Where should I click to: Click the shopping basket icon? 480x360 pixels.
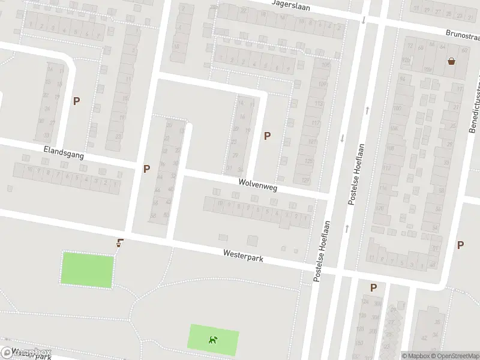click(x=451, y=61)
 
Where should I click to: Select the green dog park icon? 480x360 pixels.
click(x=213, y=340)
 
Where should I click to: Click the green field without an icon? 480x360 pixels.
click(x=87, y=269)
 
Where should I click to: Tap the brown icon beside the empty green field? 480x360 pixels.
click(x=120, y=243)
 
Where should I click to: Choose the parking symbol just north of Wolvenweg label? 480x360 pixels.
click(x=267, y=136)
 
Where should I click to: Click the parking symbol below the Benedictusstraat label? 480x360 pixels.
click(x=460, y=245)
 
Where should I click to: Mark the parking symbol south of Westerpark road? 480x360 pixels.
click(x=373, y=288)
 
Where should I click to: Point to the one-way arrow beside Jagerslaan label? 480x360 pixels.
click(x=364, y=20)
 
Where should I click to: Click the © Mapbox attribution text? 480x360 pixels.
click(x=415, y=356)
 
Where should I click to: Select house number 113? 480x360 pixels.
click(x=318, y=103)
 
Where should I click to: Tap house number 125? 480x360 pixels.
click(x=309, y=161)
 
